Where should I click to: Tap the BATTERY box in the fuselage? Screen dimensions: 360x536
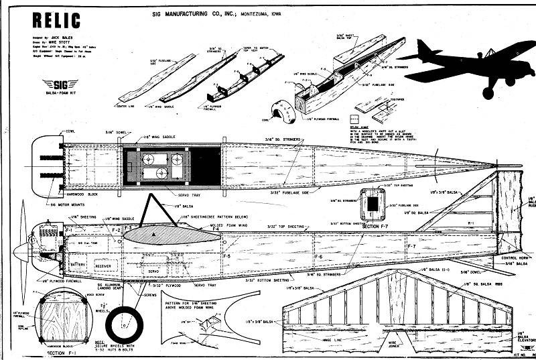point(78,265)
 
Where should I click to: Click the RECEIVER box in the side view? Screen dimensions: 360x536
point(103,265)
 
